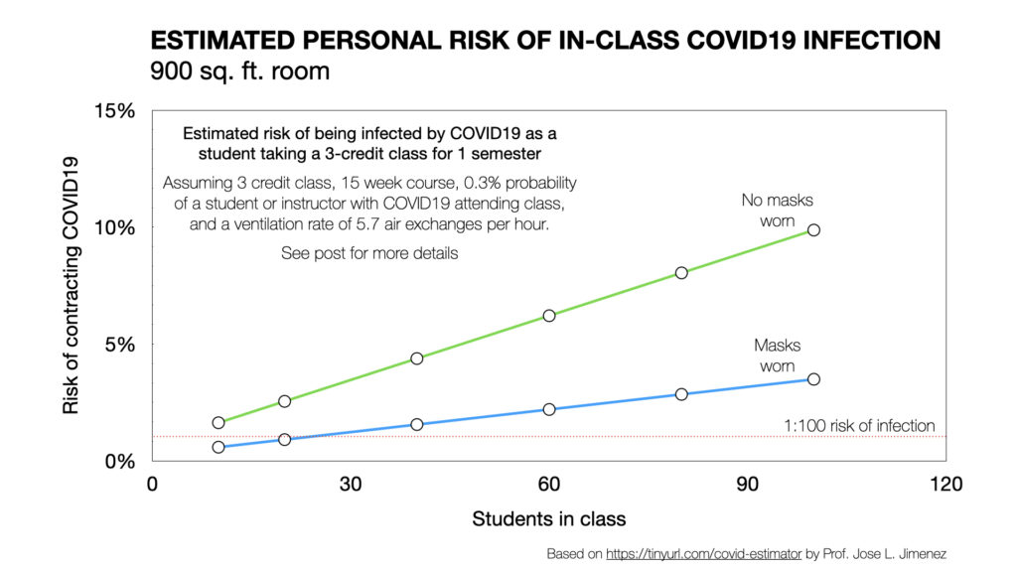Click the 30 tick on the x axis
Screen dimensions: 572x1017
coord(351,484)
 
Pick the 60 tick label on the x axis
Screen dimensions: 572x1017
coord(549,484)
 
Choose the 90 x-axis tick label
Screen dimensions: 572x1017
coord(747,484)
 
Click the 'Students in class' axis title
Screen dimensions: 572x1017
coord(548,518)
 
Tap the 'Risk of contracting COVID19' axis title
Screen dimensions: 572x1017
coord(71,285)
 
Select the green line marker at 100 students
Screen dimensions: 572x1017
coord(813,229)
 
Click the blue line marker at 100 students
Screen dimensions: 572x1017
coord(813,379)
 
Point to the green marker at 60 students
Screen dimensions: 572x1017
coord(549,316)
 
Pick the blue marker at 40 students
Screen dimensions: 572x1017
coord(417,424)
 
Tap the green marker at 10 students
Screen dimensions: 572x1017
coord(218,422)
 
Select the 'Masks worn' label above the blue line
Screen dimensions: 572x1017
coord(777,355)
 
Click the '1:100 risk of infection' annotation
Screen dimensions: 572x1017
coord(859,426)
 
